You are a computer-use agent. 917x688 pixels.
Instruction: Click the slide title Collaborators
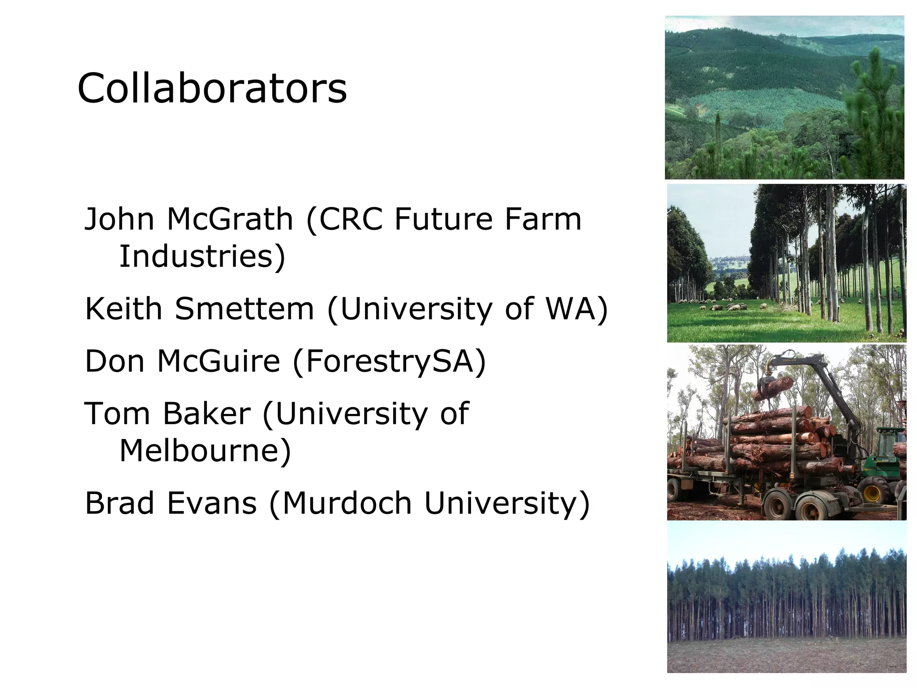click(212, 88)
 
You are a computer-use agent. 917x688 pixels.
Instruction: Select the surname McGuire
click(219, 361)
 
